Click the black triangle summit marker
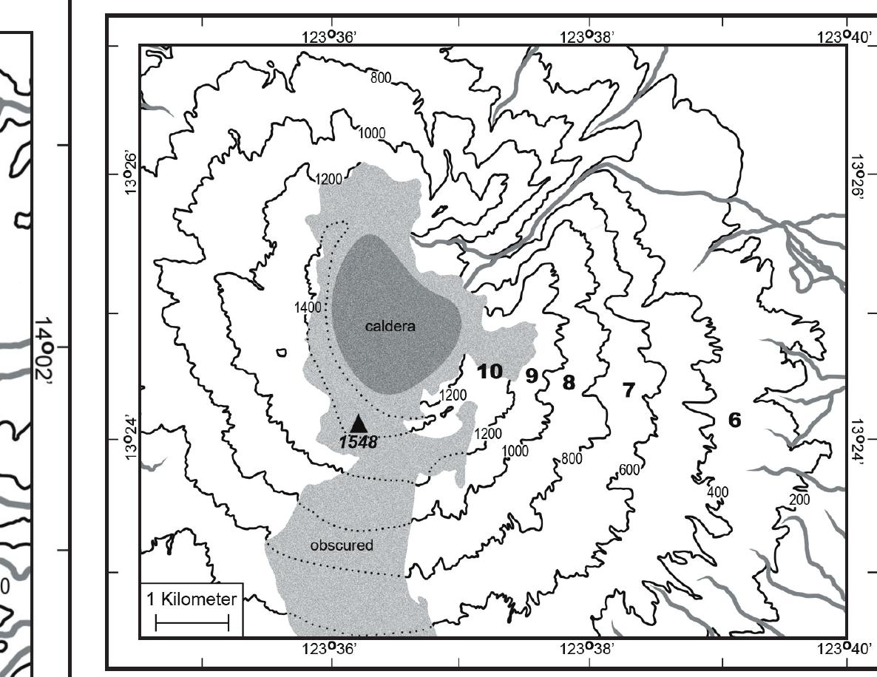point(359,423)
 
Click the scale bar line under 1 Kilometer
point(192,625)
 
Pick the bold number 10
point(490,371)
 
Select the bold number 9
point(531,376)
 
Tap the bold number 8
point(568,382)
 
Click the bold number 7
point(629,389)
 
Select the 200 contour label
point(800,500)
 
